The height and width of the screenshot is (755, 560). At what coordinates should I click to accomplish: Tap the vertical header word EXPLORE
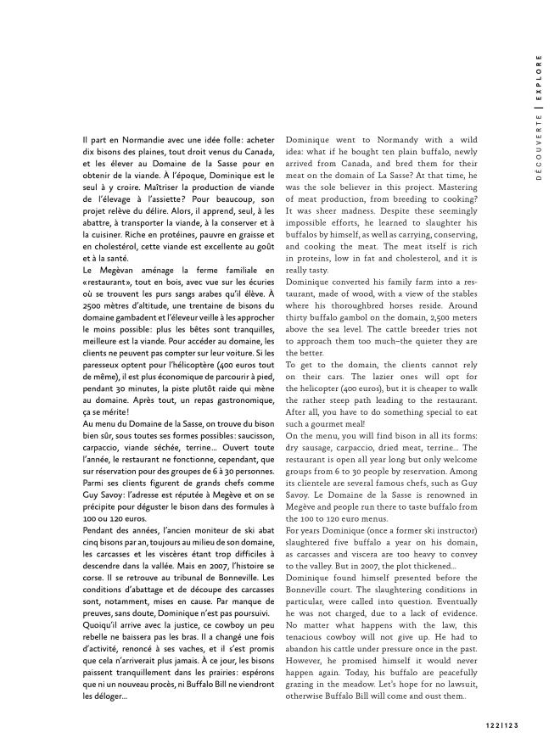click(539, 80)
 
